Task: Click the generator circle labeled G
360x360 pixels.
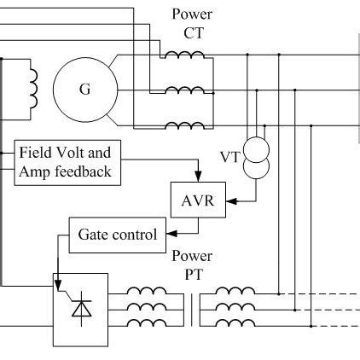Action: [84, 89]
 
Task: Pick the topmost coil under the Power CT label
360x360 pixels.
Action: [183, 55]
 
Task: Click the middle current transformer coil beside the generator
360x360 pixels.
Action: [183, 90]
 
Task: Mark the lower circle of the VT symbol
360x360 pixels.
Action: [256, 168]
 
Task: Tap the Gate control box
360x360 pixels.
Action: [117, 234]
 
